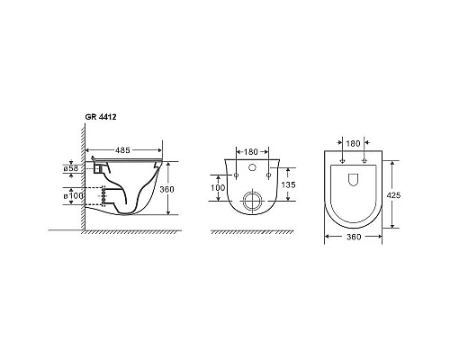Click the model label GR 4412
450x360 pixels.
tap(101, 117)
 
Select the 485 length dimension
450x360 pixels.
tap(122, 150)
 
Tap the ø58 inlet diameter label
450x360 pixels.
tap(71, 168)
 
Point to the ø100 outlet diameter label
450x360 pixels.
tap(73, 196)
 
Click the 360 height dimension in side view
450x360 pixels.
tap(166, 189)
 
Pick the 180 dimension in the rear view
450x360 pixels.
tap(251, 152)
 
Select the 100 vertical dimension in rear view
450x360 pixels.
tap(218, 188)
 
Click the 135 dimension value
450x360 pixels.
tap(288, 184)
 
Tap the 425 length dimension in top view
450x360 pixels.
tap(393, 195)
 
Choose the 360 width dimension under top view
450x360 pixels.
tap(354, 237)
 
